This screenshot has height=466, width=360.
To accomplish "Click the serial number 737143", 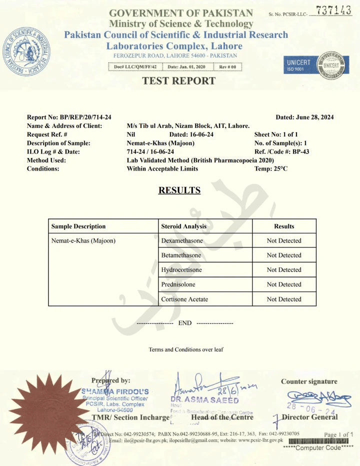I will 334,11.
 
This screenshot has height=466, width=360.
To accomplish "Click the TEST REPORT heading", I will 179,81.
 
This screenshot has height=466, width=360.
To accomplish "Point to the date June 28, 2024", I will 304,117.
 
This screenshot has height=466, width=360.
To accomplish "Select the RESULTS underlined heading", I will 179,190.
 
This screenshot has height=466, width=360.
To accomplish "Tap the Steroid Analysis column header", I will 183,226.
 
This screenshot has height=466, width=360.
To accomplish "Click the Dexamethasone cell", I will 181,241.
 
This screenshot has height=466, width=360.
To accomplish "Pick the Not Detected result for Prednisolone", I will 284,284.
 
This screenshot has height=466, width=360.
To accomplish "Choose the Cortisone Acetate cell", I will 184,299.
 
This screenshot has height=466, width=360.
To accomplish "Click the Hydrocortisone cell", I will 181,270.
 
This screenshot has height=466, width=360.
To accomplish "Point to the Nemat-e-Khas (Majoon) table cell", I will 83,241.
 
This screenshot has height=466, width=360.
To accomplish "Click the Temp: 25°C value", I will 271,168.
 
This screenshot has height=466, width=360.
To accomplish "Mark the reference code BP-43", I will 300,151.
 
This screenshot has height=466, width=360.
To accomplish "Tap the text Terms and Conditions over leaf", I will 185,349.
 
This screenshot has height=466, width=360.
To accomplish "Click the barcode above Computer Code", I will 318,441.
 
